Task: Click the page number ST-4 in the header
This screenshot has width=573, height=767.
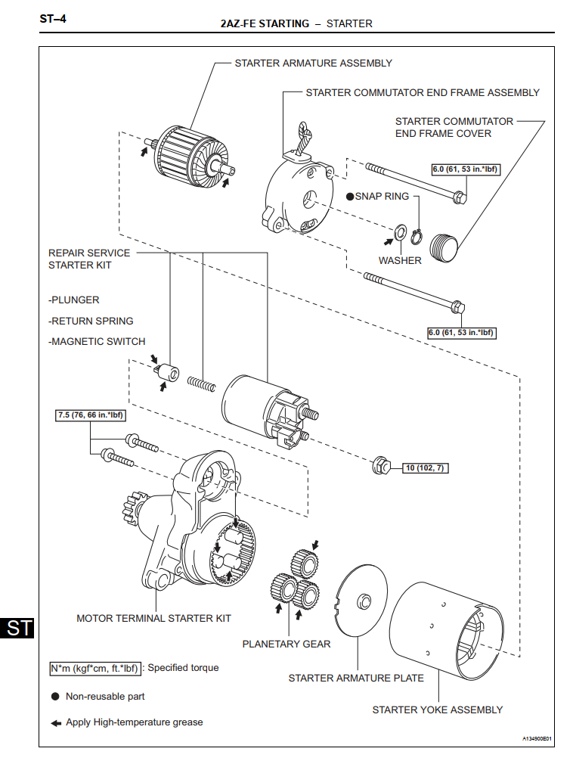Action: [53, 19]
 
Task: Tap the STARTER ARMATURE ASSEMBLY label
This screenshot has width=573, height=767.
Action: [314, 63]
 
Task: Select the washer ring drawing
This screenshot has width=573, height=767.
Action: [401, 232]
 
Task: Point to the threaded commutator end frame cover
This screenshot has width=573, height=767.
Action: [444, 248]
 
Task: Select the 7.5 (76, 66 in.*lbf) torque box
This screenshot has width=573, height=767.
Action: [91, 415]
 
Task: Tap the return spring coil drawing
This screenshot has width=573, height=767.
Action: [201, 384]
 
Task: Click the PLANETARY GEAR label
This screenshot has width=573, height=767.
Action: [286, 644]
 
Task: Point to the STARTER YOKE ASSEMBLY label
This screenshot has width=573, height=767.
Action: [438, 710]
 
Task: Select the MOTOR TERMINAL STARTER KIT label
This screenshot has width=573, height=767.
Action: [153, 618]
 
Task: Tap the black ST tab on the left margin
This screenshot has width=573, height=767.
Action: [17, 628]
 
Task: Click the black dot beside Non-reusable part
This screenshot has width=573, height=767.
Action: [55, 696]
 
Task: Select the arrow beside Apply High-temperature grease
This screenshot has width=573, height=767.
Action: [56, 723]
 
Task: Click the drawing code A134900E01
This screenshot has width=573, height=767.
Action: [537, 738]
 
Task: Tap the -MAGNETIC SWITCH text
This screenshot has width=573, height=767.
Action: [97, 341]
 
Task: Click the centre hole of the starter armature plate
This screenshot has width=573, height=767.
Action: [364, 601]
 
